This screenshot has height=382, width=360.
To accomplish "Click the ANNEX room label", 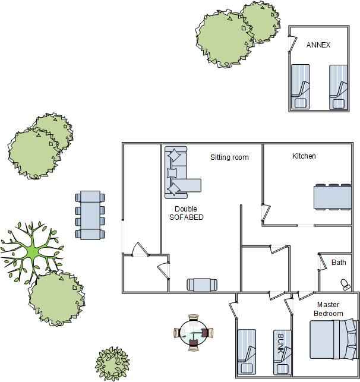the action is [x=318, y=45].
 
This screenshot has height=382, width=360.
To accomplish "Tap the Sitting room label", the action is [x=229, y=157].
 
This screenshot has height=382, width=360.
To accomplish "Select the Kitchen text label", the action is [x=304, y=156].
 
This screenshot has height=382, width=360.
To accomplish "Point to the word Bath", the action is [x=339, y=263].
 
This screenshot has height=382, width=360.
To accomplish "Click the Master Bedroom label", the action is [x=329, y=309].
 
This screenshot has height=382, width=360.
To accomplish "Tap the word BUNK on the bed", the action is [x=281, y=343].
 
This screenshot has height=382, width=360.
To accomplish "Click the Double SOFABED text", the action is [x=187, y=213].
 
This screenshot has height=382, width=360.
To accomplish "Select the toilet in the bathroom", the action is [x=345, y=285].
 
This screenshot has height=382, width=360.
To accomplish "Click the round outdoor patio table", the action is [x=194, y=333].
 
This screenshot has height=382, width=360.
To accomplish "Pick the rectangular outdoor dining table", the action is [x=90, y=215].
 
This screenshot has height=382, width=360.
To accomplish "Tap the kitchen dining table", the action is [x=333, y=197].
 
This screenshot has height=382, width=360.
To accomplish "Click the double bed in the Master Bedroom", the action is [x=333, y=339].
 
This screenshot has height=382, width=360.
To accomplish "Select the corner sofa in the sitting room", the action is [x=180, y=172].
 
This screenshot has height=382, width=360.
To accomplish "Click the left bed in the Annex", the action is [x=301, y=87].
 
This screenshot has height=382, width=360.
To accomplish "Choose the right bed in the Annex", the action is [x=339, y=87].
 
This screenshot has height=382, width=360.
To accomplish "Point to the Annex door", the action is [x=292, y=44].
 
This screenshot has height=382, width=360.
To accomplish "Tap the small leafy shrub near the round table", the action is [x=112, y=364].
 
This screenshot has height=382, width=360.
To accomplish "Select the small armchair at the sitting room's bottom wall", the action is [x=202, y=285].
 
